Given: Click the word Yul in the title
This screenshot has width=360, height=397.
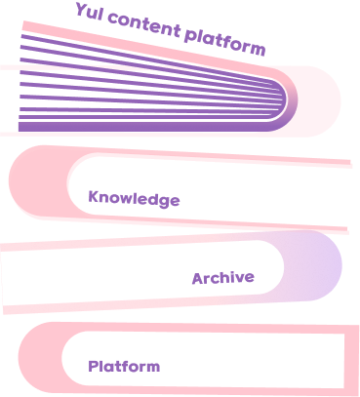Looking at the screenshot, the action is click(89, 13).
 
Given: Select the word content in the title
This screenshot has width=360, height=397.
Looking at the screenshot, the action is click(144, 25).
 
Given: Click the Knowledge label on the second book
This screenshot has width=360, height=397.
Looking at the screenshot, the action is click(134, 198).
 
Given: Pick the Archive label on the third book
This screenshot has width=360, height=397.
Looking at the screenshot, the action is click(223, 278).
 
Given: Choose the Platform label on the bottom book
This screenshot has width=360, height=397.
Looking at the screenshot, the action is click(124, 367).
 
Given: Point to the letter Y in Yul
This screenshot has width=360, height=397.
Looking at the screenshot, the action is click(82, 10).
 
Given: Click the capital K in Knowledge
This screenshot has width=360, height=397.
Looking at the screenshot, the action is click(94, 196).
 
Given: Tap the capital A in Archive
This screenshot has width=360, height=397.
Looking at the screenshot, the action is click(198, 279).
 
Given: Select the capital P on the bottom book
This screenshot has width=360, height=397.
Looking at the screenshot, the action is click(94, 366).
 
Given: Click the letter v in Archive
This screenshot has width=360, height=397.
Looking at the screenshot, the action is click(239, 279).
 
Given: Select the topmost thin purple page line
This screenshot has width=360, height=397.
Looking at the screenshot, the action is click(146, 60).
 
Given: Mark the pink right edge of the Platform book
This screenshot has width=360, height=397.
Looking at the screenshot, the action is click(351, 360).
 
